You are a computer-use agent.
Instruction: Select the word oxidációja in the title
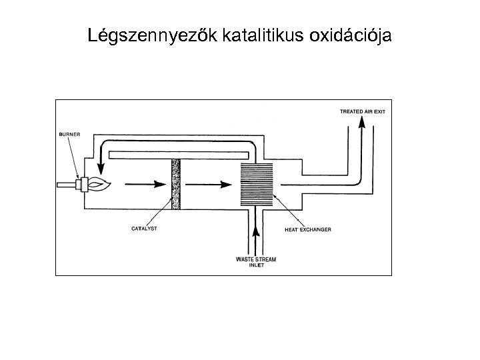(351, 35)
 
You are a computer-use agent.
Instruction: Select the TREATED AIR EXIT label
(362, 111)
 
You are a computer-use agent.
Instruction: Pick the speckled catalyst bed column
(177, 184)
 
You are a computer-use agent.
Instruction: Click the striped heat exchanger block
(256, 183)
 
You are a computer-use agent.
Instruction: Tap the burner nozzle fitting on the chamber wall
(82, 183)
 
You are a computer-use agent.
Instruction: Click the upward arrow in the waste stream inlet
(255, 231)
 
